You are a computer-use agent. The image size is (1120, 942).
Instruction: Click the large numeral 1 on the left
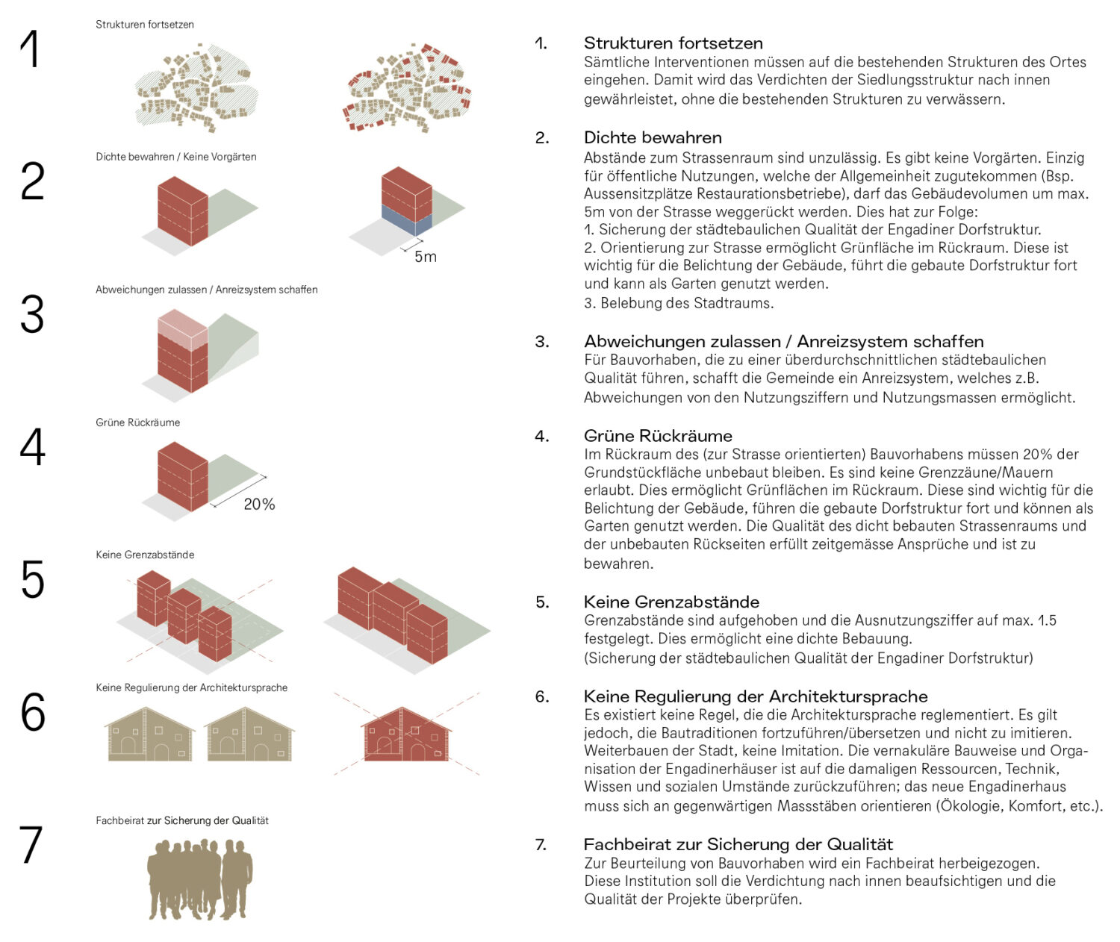pos(30,49)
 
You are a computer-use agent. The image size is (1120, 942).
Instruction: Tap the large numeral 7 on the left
pos(31,844)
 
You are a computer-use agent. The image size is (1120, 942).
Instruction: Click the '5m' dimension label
pos(425,257)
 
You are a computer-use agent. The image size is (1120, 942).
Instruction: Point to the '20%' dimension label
pos(259,505)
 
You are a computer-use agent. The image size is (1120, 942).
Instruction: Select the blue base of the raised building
pos(407,222)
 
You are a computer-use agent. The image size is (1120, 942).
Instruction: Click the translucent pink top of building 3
pos(182,328)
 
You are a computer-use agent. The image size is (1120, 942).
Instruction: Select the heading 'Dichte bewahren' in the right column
pos(653,137)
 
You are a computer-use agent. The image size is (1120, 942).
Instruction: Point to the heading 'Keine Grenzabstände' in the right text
pos(671,602)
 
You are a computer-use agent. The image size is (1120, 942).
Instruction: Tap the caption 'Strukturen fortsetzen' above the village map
pos(145,25)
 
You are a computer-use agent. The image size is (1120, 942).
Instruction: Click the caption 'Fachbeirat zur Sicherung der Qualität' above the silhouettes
pos(182,820)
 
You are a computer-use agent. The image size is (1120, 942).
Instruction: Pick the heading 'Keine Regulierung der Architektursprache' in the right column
pos(756,696)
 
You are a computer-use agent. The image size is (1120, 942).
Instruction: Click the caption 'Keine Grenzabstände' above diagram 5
pos(145,555)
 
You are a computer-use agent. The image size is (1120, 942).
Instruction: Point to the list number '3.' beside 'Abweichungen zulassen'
pos(542,342)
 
